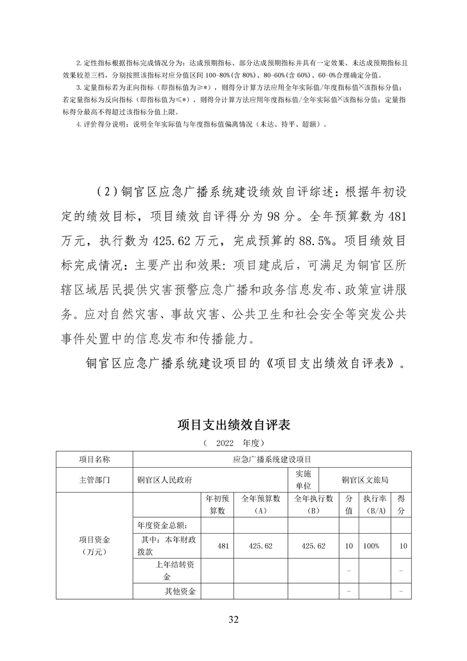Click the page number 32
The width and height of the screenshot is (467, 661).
233,619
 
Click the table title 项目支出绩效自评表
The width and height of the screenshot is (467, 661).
234,425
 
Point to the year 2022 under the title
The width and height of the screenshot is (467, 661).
226,442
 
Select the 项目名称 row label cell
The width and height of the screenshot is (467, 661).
95,459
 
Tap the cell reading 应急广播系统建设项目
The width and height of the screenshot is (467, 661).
272,459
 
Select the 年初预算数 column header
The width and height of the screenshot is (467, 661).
217,505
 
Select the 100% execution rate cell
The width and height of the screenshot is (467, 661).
371,546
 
